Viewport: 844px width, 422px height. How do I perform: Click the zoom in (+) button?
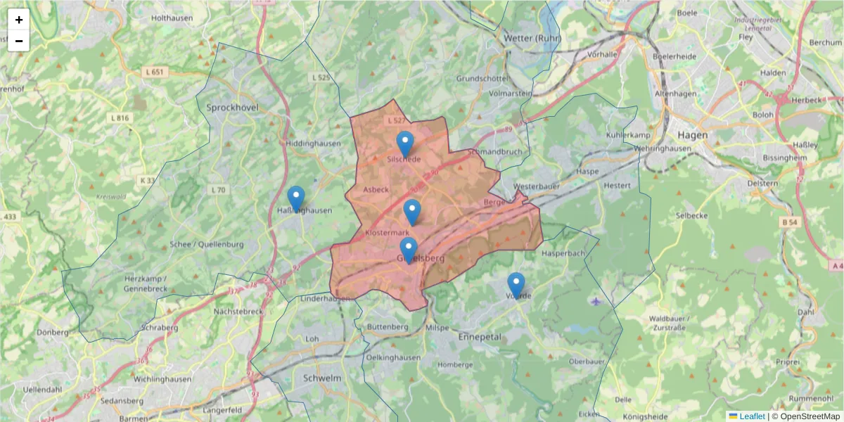click(x=19, y=20)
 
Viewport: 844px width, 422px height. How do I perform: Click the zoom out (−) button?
click(x=19, y=41)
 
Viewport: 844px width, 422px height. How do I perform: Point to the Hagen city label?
click(x=693, y=135)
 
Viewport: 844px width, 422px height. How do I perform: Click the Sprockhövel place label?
click(x=233, y=108)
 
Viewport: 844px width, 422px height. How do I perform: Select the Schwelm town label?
click(x=321, y=378)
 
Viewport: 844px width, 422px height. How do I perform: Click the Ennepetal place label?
click(x=480, y=337)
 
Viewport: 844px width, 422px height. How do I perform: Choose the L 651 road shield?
click(x=155, y=72)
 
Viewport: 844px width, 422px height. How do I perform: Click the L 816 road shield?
click(x=120, y=117)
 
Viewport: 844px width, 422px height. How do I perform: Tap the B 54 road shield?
click(x=791, y=222)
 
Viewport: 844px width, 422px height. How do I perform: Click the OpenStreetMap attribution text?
click(x=810, y=416)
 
